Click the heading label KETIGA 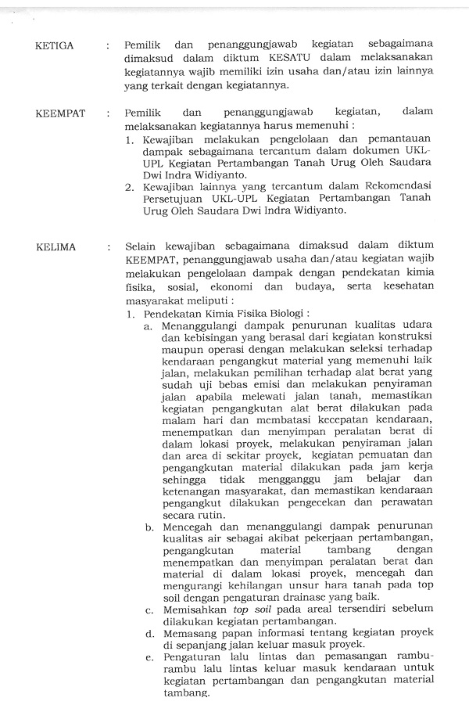point(55,45)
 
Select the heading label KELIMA point(55,247)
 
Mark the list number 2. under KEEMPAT point(131,187)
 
